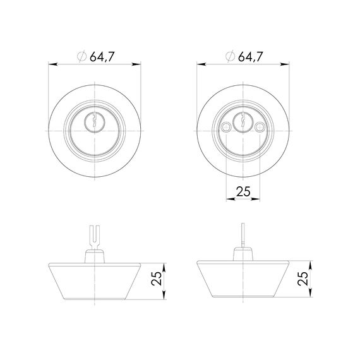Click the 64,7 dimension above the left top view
tap(102, 56)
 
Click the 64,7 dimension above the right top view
tap(250, 56)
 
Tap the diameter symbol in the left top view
tap(81, 56)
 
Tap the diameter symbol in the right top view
tap(230, 56)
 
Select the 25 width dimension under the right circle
tap(243, 191)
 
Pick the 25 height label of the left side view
tap(157, 279)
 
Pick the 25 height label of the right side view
tap(303, 279)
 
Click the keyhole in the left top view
tap(94, 119)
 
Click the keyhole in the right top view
tap(243, 119)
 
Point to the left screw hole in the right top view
tap(226, 126)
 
